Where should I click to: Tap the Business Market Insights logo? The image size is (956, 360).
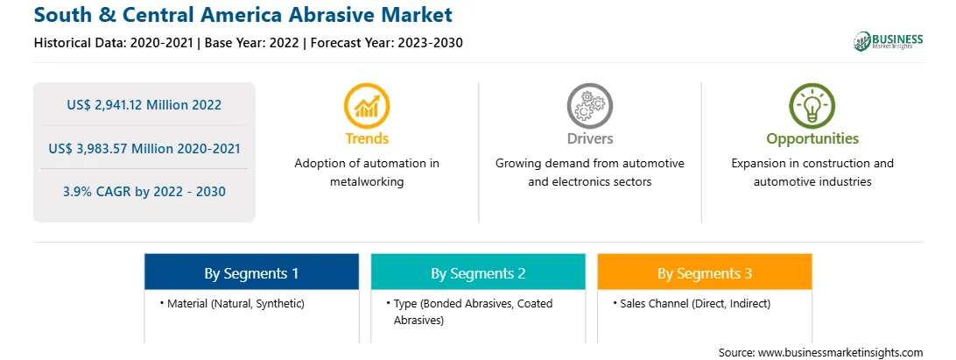point(888,41)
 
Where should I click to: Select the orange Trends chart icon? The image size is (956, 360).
point(367,105)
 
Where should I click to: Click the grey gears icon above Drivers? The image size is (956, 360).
point(589,105)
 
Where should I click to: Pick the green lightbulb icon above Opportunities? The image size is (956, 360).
point(812,105)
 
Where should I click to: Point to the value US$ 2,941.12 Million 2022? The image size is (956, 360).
point(144,105)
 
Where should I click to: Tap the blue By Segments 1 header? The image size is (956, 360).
point(252,273)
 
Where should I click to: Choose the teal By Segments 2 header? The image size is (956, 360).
point(478,273)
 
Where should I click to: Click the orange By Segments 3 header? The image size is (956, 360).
point(705,273)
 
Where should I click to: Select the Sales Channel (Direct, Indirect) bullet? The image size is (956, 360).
point(692,303)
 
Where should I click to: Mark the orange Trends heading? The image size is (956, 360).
point(367,138)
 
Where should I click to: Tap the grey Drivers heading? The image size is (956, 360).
point(589,138)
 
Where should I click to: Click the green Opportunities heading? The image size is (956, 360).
point(812,139)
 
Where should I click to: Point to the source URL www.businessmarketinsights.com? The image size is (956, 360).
point(840,352)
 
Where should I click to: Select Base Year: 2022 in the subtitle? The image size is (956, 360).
point(252,43)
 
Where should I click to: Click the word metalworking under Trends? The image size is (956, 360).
point(367,182)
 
